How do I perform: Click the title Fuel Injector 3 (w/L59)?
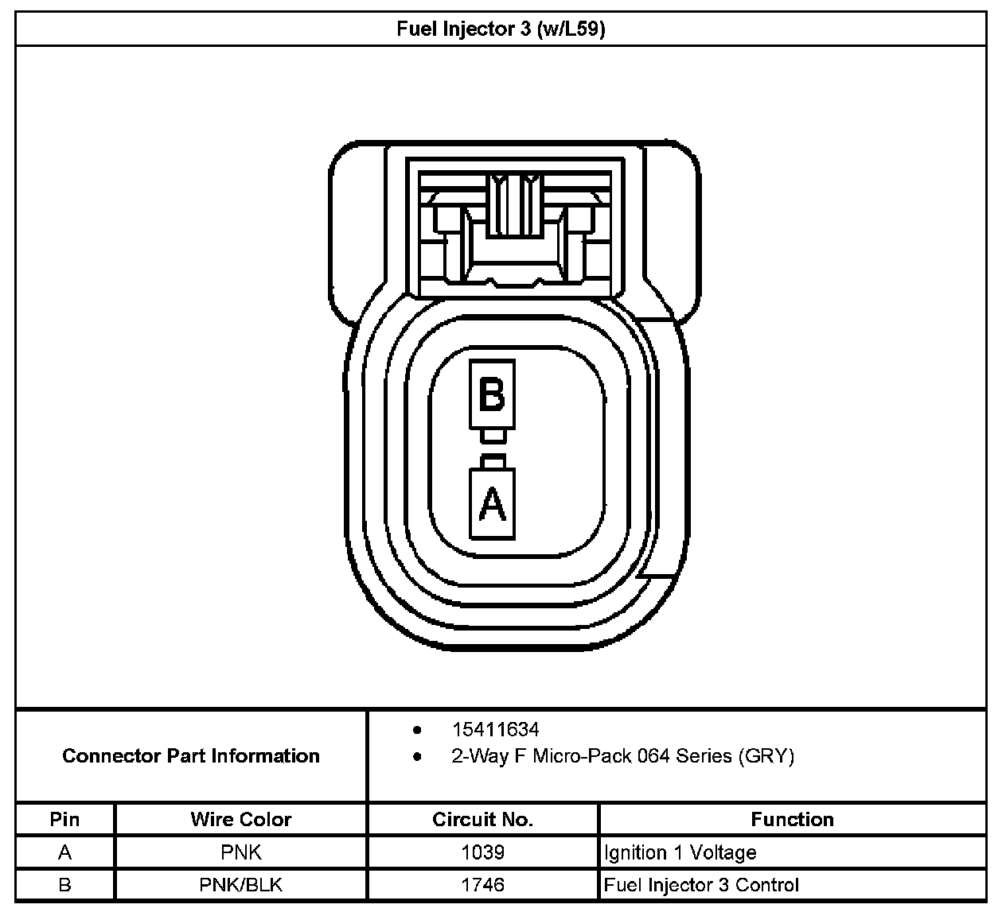[501, 29]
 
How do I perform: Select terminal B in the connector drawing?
[492, 394]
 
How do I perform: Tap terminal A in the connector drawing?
[493, 503]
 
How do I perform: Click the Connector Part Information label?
[191, 755]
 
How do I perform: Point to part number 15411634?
[495, 729]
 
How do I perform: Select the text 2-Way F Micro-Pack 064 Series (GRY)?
[622, 755]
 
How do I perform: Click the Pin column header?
[64, 819]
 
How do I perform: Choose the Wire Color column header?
[240, 819]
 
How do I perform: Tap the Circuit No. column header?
[482, 819]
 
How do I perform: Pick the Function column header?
[792, 819]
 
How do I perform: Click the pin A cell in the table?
[64, 852]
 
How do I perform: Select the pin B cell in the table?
[64, 884]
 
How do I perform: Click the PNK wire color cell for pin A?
[240, 852]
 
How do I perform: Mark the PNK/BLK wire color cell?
[240, 884]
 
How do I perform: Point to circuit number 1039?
[482, 852]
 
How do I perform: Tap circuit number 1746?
[482, 884]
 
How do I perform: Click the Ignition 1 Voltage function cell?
[680, 852]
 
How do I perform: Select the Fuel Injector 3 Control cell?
[701, 884]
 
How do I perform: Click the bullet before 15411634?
[416, 729]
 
